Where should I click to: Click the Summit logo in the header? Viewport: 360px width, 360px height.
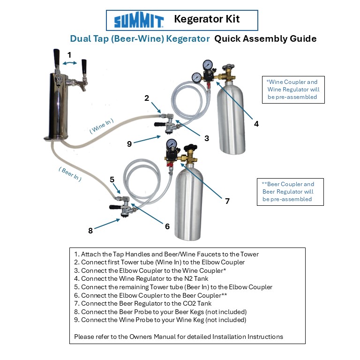click(139, 21)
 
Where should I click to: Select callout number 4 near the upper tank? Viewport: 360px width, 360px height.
click(256, 124)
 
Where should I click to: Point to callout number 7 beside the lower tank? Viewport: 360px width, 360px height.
click(227, 201)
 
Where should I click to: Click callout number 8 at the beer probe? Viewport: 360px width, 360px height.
click(90, 230)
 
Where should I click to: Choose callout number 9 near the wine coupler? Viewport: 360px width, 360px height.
click(129, 144)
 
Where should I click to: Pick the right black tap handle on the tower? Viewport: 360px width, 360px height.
click(85, 67)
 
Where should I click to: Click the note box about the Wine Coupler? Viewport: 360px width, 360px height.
click(292, 89)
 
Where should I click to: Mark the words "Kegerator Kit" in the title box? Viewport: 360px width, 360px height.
click(207, 19)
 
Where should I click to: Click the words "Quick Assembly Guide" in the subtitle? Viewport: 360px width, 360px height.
click(265, 38)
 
